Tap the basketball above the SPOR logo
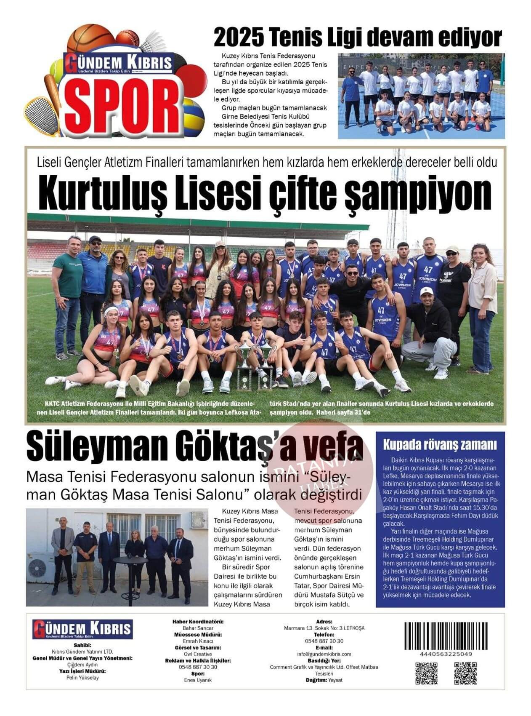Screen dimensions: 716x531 pos(90,38)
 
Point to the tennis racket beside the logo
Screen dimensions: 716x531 pos(42,116)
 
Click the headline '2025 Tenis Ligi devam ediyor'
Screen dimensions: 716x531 pos(357,37)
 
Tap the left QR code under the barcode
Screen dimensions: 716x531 pos(427,673)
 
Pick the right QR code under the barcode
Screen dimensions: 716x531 pos(465,673)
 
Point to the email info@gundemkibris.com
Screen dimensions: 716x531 pos(324,654)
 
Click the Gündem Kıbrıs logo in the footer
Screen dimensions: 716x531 pos(82,629)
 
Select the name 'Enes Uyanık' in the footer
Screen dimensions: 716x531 pos(198,680)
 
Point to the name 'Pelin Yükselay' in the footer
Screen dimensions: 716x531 pos(82,678)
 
